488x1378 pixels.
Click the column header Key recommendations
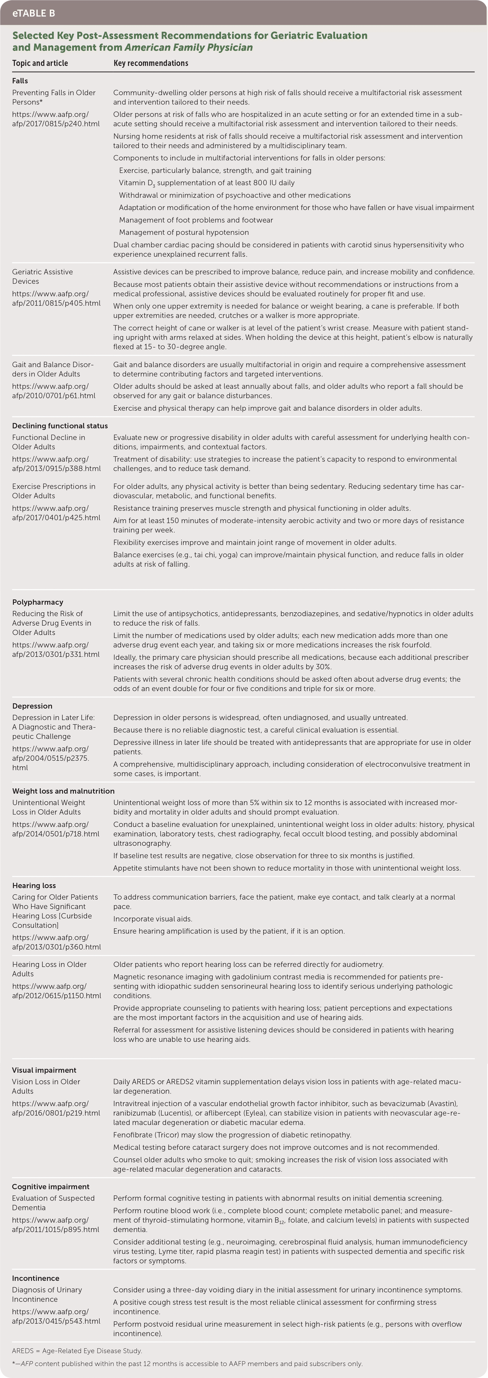click(151, 63)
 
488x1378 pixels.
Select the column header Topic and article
click(40, 63)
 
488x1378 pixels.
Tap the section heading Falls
click(20, 81)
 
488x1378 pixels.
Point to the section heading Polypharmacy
click(38, 602)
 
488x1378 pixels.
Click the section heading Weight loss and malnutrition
click(63, 791)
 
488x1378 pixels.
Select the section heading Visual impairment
click(44, 1070)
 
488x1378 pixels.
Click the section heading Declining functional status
click(60, 426)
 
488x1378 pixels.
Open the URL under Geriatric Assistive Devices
click(56, 299)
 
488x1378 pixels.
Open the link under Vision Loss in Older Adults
click(56, 1108)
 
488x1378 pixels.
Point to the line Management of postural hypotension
click(184, 232)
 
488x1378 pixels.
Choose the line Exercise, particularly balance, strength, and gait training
click(215, 170)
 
